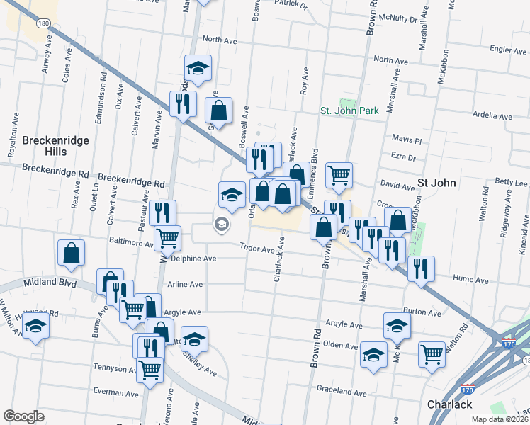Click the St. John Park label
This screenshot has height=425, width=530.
point(349,110)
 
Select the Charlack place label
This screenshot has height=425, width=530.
point(449,404)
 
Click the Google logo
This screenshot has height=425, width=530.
point(23,416)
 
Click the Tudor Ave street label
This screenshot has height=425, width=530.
point(256,249)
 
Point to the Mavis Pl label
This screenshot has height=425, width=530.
point(406,140)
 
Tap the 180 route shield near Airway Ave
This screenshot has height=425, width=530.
point(43,23)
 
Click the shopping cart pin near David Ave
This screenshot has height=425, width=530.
point(339,174)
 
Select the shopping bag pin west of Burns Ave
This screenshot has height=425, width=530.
point(72,253)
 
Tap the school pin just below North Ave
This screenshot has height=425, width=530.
point(198,68)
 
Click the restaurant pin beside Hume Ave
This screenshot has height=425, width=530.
point(421,268)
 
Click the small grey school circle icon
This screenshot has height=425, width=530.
point(221,225)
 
